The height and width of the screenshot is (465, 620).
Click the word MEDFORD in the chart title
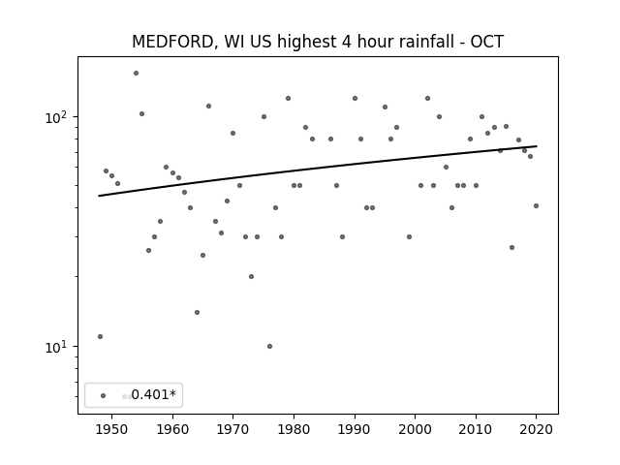pyautogui.click(x=173, y=42)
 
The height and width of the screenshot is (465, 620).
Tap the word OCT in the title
pyautogui.click(x=486, y=42)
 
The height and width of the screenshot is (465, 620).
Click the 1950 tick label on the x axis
pyautogui.click(x=112, y=429)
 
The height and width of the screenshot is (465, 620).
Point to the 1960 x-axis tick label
pyautogui.click(x=172, y=429)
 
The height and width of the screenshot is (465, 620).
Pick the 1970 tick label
pyautogui.click(x=233, y=429)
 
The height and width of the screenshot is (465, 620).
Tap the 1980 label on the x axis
pyautogui.click(x=294, y=429)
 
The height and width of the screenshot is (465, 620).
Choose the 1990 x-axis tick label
pyautogui.click(x=355, y=429)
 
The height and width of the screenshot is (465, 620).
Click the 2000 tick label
pyautogui.click(x=416, y=429)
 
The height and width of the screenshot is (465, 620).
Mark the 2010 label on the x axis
pyautogui.click(x=476, y=429)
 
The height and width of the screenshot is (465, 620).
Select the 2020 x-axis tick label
pyautogui.click(x=536, y=429)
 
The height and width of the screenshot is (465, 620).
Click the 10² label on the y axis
pyautogui.click(x=58, y=117)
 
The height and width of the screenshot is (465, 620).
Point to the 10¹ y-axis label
pyautogui.click(x=58, y=347)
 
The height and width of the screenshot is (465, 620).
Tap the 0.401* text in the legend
pyautogui.click(x=153, y=394)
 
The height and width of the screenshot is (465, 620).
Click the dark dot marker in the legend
pyautogui.click(x=104, y=395)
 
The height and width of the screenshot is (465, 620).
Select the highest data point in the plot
pyautogui.click(x=136, y=74)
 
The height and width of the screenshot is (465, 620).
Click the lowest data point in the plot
pyautogui.click(x=269, y=347)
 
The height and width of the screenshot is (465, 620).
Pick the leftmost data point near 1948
pyautogui.click(x=100, y=336)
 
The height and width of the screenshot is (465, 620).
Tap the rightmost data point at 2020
pyautogui.click(x=536, y=205)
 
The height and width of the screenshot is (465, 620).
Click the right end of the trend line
pyautogui.click(x=537, y=146)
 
